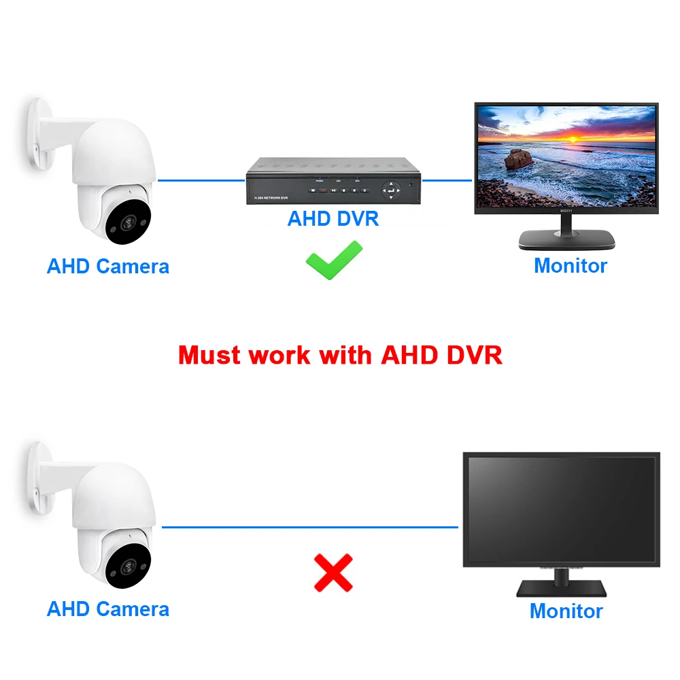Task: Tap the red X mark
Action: coord(333,572)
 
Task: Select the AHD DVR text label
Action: coord(333,219)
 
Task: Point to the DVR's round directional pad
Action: coord(390,190)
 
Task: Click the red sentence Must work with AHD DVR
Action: coord(340,355)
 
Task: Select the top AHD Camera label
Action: coord(107,266)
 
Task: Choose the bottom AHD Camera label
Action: coord(107,609)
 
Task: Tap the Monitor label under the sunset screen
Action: coord(570,265)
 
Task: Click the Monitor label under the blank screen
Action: coord(566,611)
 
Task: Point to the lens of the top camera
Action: coord(127,224)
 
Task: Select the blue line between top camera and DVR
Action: coord(201,181)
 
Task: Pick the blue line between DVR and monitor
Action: coord(447,181)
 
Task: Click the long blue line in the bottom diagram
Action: coord(309,526)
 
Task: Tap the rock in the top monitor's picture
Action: coord(518,160)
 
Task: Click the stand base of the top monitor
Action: coord(567,239)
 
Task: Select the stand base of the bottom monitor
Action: coord(561,588)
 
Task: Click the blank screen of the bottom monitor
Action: coord(561,507)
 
